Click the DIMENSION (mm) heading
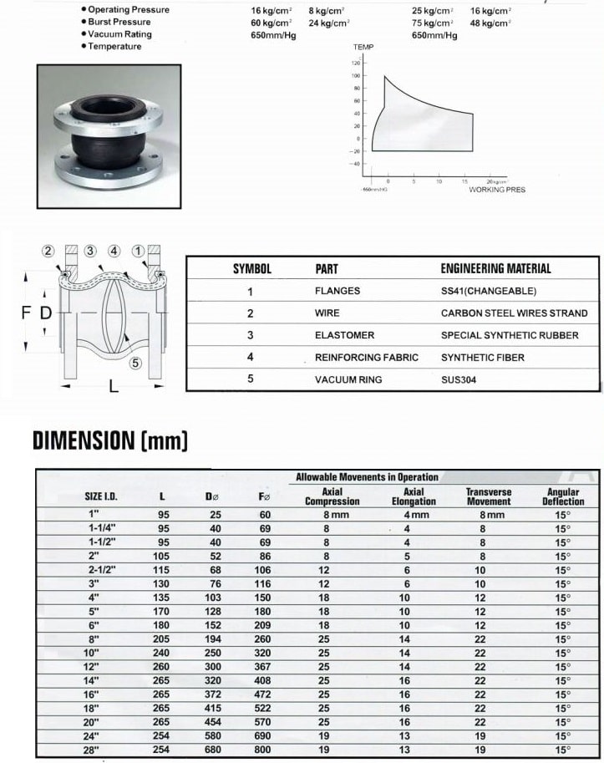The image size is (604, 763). [x=109, y=440]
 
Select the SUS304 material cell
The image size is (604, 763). [x=459, y=379]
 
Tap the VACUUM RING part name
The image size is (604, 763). [x=348, y=379]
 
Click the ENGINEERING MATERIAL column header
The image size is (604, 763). [x=495, y=268]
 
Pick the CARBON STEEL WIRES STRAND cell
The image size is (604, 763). [x=514, y=313]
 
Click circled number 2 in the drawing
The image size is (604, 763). [x=48, y=251]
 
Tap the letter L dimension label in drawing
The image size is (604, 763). [x=114, y=388]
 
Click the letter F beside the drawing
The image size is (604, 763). [x=25, y=313]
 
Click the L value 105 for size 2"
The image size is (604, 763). [x=163, y=556]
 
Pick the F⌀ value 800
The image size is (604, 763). [x=263, y=750]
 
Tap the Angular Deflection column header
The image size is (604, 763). [x=563, y=496]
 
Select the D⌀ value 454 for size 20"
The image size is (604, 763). [x=213, y=722]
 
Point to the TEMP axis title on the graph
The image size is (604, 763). [x=363, y=49]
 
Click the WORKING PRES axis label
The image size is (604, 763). [x=497, y=190]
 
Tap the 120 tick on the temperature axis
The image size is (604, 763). [x=355, y=63]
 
